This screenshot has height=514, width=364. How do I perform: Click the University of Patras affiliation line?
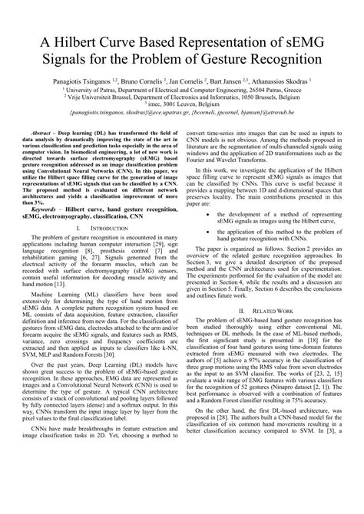(181, 89)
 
